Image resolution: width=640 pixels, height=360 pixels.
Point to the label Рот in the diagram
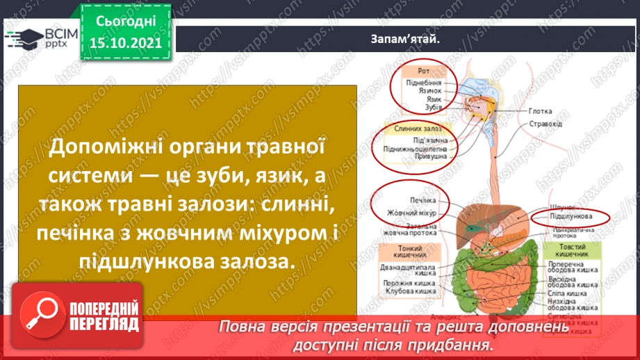[423, 71]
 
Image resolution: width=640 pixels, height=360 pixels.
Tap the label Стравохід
[545, 124]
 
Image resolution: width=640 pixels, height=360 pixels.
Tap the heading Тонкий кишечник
[407, 252]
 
